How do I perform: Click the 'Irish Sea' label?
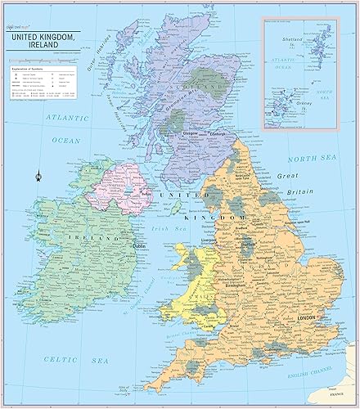tap(173, 230)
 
